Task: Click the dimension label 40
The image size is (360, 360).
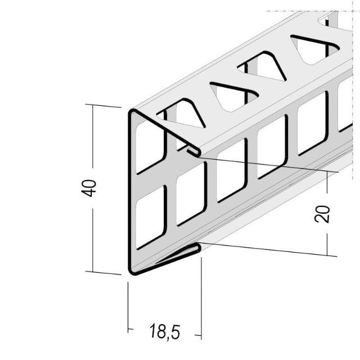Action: [x=89, y=188]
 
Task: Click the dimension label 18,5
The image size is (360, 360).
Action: [x=165, y=331]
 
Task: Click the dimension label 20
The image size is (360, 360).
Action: [x=322, y=214]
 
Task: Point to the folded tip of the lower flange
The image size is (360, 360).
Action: [x=198, y=248]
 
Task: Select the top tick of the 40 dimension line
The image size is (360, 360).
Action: [x=93, y=105]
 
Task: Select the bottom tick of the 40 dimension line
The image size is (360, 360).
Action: [x=93, y=272]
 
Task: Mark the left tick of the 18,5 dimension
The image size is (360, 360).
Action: [x=128, y=329]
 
